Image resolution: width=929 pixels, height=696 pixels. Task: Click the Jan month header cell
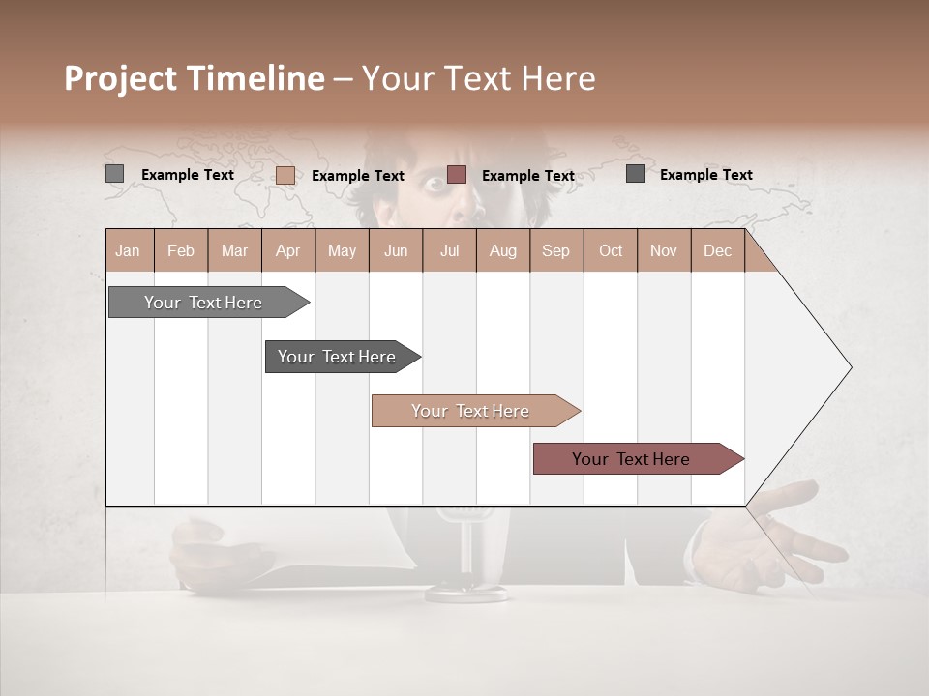click(x=129, y=250)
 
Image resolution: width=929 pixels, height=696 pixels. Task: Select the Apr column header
click(x=288, y=250)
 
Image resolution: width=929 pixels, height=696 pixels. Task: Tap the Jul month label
click(x=449, y=250)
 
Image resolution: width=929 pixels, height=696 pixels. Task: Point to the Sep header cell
click(x=555, y=250)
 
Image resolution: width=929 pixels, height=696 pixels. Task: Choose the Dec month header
click(x=717, y=250)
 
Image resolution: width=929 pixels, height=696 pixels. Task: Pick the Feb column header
click(x=181, y=250)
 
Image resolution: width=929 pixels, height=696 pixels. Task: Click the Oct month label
click(x=610, y=250)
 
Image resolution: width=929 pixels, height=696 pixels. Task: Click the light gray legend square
click(x=114, y=174)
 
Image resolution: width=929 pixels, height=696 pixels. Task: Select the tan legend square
click(x=285, y=175)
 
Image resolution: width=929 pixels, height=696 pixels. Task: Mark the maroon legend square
click(x=457, y=175)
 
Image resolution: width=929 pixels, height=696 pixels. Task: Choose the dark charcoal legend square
click(x=636, y=174)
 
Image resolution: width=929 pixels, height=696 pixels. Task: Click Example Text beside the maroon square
click(x=527, y=176)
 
